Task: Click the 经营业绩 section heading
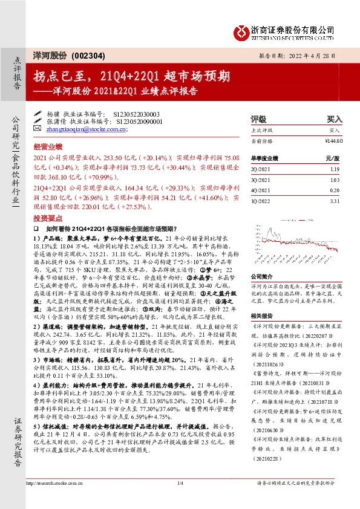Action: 48,146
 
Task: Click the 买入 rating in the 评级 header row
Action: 335,119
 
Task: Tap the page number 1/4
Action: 180,482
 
